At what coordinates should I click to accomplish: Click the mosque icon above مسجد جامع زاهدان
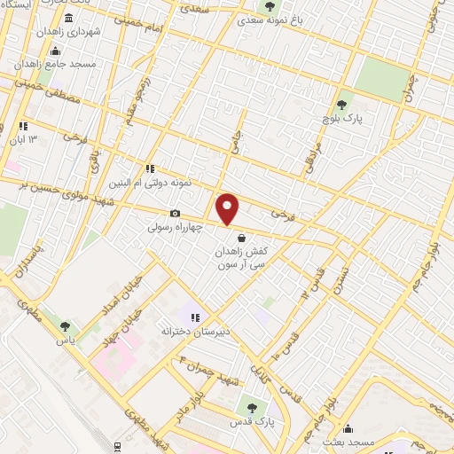(57, 51)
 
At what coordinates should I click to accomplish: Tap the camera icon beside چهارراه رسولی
(175, 214)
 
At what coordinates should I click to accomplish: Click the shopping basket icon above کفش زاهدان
(241, 237)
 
